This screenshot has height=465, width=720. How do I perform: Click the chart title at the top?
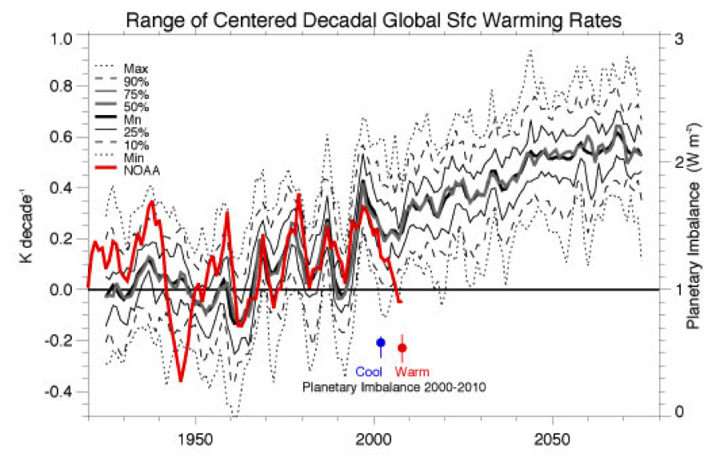coord(373,18)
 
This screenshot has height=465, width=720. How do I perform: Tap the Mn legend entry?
coord(126,119)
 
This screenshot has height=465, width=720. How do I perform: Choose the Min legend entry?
coord(126,157)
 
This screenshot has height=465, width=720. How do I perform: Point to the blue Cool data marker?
coord(381,343)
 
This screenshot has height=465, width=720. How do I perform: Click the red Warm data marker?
coord(402,348)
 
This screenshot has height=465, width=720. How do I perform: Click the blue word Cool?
coord(369,372)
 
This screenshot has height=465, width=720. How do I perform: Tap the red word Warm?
coord(413,372)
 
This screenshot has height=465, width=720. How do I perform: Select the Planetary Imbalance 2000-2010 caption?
coord(394,386)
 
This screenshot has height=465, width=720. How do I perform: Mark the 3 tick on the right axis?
coord(677,38)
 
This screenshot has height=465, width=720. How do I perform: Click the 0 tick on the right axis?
coord(677,411)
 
